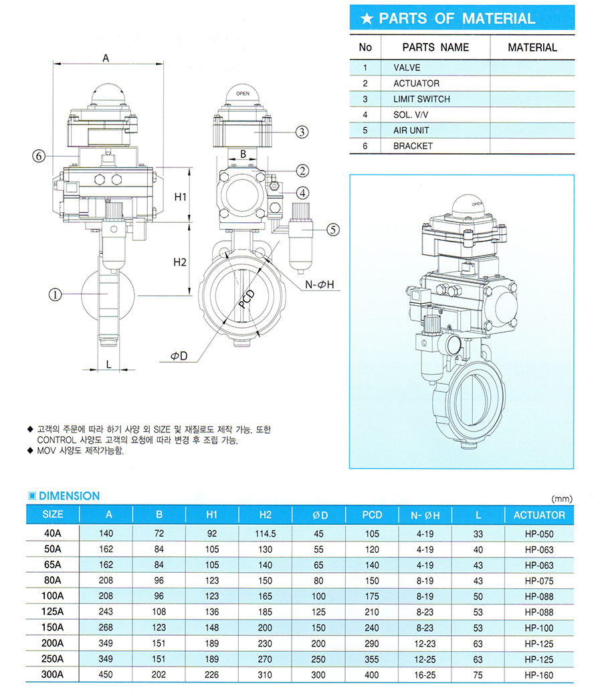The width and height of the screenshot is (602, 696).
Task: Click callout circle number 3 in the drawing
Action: click(x=302, y=132)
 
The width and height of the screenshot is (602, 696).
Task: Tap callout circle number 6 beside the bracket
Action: click(x=39, y=156)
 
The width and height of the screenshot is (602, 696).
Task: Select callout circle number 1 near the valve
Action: click(x=55, y=294)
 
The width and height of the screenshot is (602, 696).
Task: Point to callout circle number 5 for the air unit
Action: click(x=333, y=230)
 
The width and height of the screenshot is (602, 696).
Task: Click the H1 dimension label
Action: click(x=180, y=197)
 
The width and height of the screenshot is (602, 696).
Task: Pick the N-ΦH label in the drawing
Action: click(x=320, y=284)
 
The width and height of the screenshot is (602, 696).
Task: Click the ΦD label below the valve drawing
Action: click(x=179, y=356)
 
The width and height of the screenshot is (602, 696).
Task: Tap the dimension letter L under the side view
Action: click(x=108, y=365)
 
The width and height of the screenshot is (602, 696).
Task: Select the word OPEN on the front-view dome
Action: click(x=243, y=94)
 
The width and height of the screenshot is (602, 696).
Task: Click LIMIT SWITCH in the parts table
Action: click(x=421, y=99)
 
